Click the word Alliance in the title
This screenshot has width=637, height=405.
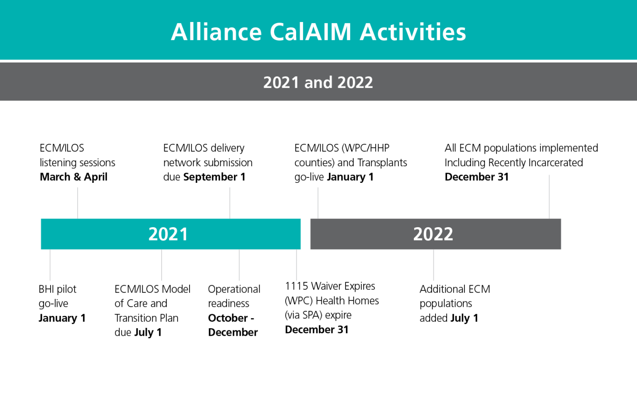(x=216, y=32)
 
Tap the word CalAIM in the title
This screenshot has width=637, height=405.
(x=311, y=32)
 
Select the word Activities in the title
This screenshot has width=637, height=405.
(x=413, y=32)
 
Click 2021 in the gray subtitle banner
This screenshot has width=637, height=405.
(x=281, y=82)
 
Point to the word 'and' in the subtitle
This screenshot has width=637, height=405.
(x=318, y=82)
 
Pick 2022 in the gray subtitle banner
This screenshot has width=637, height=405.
(x=355, y=82)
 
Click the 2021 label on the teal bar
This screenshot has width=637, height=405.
(x=168, y=234)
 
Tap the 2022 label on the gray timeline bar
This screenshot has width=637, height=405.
(x=433, y=234)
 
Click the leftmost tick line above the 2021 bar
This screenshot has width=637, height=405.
(x=78, y=203)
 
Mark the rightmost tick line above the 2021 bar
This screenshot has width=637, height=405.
(x=229, y=203)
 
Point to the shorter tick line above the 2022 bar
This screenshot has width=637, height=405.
(x=318, y=203)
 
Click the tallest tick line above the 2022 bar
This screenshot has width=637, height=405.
(x=549, y=196)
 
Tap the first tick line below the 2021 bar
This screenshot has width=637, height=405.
(x=50, y=265)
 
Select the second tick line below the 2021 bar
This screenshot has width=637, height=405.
(x=162, y=265)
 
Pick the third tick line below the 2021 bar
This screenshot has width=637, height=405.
(x=239, y=265)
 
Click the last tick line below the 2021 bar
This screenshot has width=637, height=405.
(x=296, y=265)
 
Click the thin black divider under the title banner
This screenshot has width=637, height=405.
(x=318, y=61)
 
